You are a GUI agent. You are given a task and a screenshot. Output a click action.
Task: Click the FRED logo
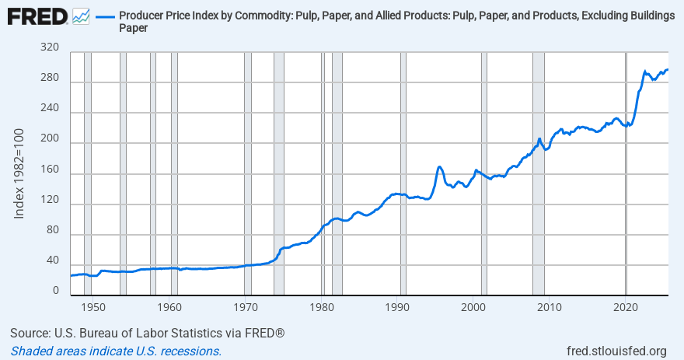[x=37, y=16]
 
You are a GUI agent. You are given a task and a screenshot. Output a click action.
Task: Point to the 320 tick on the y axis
[x=50, y=47]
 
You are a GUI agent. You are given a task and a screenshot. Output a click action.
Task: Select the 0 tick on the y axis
[x=55, y=290]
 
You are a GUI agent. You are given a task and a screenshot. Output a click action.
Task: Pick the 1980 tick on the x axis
[x=322, y=307]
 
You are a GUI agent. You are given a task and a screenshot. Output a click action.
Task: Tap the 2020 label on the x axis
[x=626, y=307]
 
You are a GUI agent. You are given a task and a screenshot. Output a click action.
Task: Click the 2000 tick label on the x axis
[x=474, y=307]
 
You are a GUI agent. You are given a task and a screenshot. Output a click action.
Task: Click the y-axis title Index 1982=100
[x=20, y=173]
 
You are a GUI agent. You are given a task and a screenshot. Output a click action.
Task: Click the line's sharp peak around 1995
[x=440, y=166]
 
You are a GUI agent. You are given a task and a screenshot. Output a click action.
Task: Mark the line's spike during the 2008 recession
[x=539, y=139]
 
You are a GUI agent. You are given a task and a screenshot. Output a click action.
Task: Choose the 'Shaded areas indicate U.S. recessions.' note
[x=116, y=351]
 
